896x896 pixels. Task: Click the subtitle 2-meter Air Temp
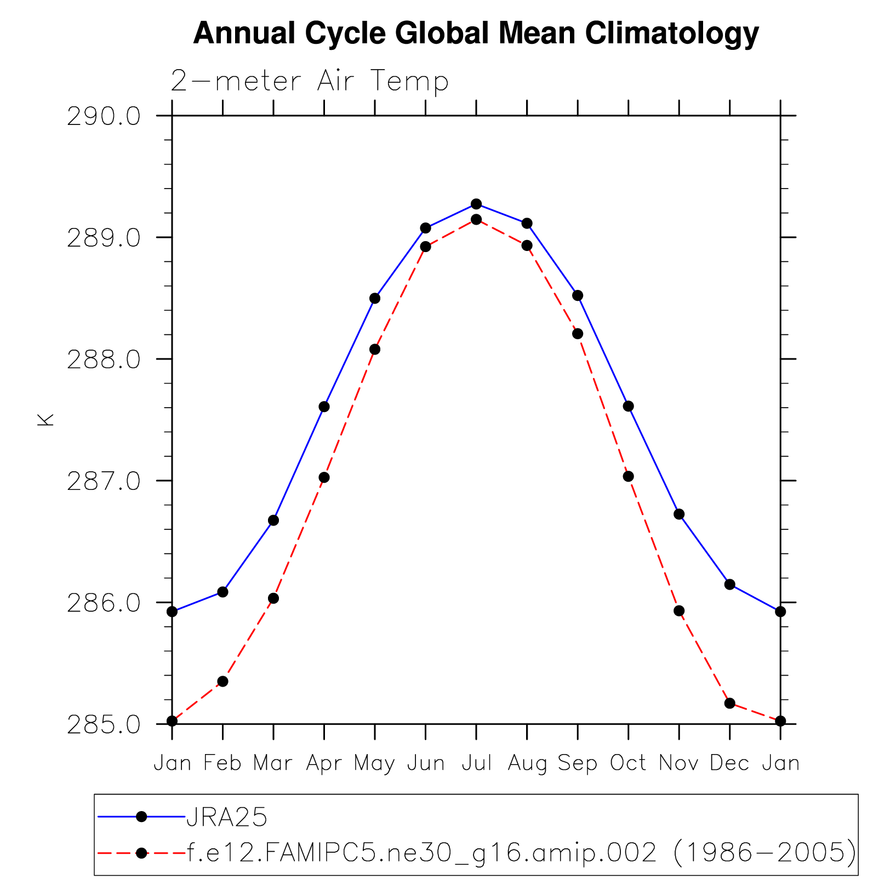pyautogui.click(x=310, y=81)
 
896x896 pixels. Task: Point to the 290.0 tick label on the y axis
pyautogui.click(x=104, y=116)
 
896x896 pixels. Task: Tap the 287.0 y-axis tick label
pyautogui.click(x=104, y=481)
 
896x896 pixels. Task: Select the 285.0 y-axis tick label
pyautogui.click(x=104, y=724)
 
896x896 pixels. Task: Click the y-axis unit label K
pyautogui.click(x=45, y=419)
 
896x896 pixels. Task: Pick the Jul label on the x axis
pyautogui.click(x=476, y=763)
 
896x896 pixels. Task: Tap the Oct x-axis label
pyautogui.click(x=628, y=763)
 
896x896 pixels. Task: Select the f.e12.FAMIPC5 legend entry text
pyautogui.click(x=521, y=853)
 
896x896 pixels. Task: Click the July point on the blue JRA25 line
pyautogui.click(x=476, y=204)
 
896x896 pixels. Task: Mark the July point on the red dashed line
pyautogui.click(x=476, y=219)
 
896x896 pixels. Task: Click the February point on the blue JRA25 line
pyautogui.click(x=222, y=592)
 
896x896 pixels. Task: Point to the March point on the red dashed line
pyautogui.click(x=273, y=598)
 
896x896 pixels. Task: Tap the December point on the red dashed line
pyautogui.click(x=729, y=703)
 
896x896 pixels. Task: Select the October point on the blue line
pyautogui.click(x=628, y=406)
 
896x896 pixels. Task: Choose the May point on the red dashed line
pyautogui.click(x=375, y=349)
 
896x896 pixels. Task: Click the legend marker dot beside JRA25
pyautogui.click(x=141, y=817)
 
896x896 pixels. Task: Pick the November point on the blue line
pyautogui.click(x=679, y=514)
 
